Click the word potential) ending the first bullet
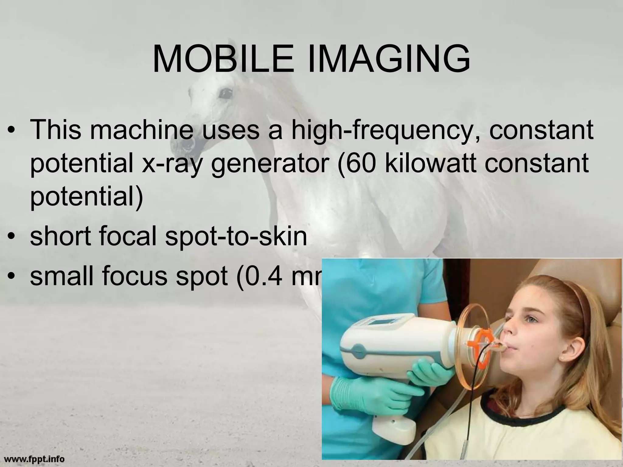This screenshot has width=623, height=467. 86,197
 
